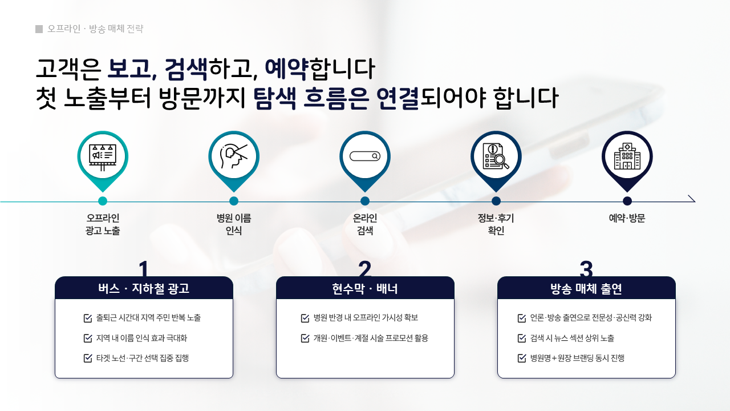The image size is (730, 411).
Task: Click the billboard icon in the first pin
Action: (103, 157)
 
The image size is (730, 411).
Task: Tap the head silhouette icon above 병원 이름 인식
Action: (234, 156)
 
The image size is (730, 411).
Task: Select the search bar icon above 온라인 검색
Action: (365, 156)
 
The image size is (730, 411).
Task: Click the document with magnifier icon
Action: (496, 156)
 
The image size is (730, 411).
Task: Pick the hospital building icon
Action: (627, 156)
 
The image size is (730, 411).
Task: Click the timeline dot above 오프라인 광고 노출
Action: (103, 201)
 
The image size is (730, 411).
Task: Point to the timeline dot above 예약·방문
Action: (627, 201)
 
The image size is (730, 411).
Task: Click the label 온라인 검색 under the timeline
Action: (365, 224)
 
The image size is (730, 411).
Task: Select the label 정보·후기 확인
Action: (496, 224)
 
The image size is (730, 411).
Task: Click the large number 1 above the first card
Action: (143, 268)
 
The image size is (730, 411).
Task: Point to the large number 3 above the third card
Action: (586, 268)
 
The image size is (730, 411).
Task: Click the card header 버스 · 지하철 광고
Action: (144, 288)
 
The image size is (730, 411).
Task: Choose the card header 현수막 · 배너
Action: (365, 288)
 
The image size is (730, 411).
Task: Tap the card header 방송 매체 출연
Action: (586, 288)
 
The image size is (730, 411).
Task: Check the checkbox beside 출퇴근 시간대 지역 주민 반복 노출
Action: (88, 318)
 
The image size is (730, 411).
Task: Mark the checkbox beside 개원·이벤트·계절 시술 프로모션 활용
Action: (305, 338)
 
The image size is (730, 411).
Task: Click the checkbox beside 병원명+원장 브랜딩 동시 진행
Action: (522, 358)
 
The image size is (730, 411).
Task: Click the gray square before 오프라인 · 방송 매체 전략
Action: (39, 29)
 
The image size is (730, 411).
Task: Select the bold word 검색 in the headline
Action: (186, 69)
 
